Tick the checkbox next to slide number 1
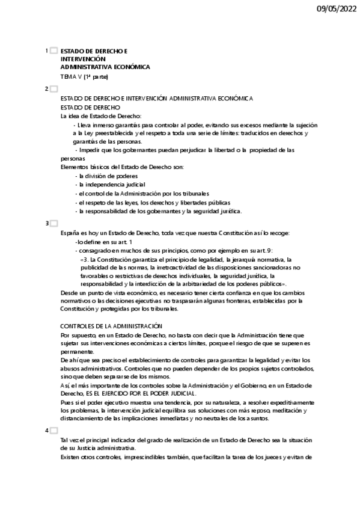(54, 52)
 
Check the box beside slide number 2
(54, 89)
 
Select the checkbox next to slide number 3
(54, 223)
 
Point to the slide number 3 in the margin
(47, 223)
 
